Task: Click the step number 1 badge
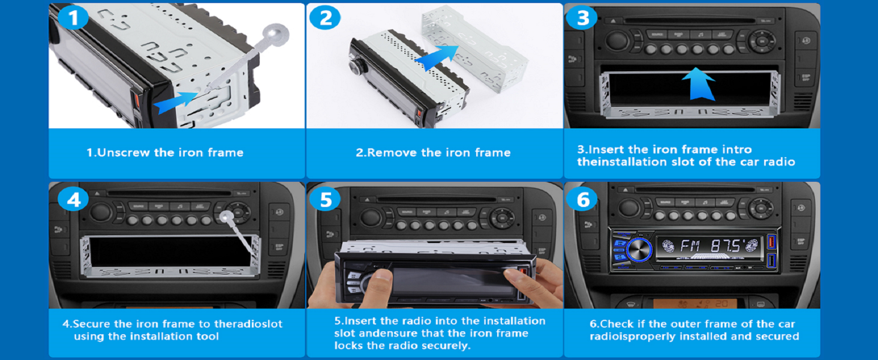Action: click(x=73, y=18)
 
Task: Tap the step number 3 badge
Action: click(x=582, y=18)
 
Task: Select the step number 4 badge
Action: click(x=73, y=199)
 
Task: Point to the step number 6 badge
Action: click(x=582, y=199)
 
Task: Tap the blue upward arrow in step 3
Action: click(x=700, y=83)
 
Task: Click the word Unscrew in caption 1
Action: click(x=124, y=152)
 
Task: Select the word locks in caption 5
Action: click(x=350, y=346)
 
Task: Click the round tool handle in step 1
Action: click(x=276, y=35)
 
